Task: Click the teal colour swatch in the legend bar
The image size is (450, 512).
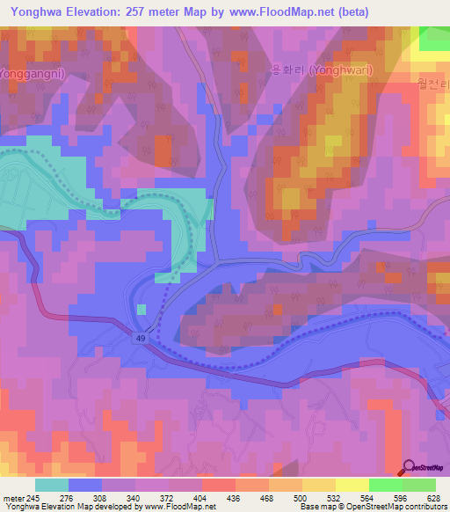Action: pyautogui.click(x=51, y=485)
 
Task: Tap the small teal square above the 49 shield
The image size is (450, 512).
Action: pyautogui.click(x=142, y=309)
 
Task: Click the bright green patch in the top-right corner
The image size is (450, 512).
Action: pyautogui.click(x=434, y=39)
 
